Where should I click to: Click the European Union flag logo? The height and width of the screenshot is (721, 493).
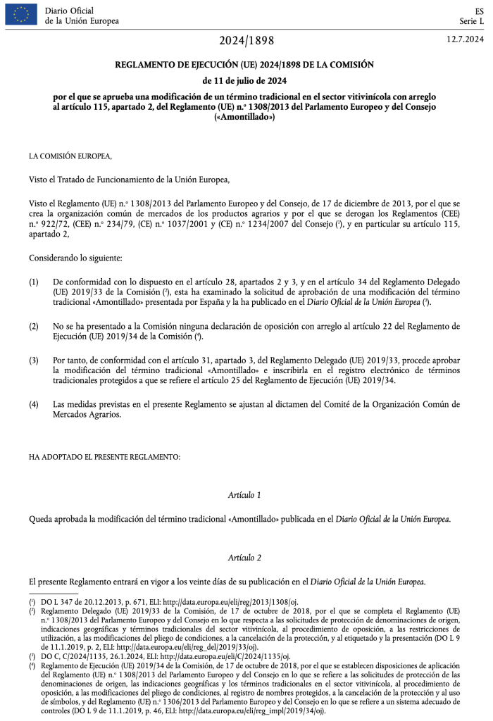coord(21,15)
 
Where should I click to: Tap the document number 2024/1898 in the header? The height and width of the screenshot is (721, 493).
coord(246,39)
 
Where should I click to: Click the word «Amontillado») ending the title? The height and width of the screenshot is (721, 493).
coord(246,117)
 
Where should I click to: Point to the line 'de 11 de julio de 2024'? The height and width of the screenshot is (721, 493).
coord(246,80)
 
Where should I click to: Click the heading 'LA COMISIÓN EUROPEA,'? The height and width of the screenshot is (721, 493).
coord(70,156)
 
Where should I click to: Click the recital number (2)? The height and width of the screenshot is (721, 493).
coord(34,326)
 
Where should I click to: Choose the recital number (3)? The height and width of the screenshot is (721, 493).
coord(34,360)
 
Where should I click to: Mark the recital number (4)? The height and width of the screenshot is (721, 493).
coord(34,404)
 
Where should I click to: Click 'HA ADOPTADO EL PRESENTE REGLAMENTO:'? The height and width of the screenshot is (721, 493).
coord(104,457)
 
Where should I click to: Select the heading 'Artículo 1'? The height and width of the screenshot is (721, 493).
coord(245,496)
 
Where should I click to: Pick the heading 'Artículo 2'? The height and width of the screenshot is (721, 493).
coord(245,558)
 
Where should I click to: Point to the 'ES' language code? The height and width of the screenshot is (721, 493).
coord(479,11)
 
